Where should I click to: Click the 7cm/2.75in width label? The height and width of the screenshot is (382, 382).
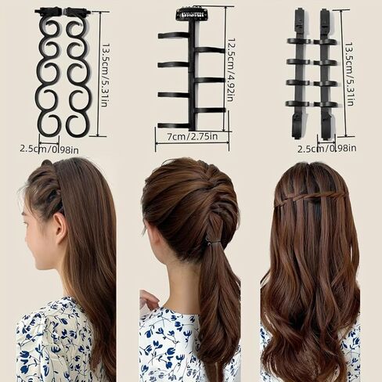193,136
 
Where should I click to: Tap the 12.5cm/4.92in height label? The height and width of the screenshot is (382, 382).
230,70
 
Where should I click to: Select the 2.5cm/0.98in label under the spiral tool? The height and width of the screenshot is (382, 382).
49,149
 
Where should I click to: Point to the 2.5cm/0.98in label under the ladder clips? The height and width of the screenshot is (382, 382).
327,149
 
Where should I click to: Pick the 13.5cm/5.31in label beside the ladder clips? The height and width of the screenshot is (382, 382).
350,74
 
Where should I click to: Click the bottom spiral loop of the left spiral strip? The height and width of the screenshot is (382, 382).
49,125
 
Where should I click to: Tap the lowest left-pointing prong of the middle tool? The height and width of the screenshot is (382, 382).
175,125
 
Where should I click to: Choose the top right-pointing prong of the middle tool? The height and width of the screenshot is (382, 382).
210,50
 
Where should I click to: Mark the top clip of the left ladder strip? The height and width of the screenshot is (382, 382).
299,20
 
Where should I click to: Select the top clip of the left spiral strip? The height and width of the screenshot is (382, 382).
49,12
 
